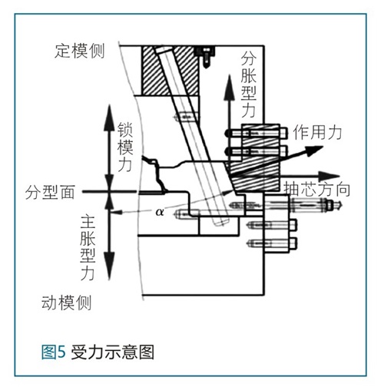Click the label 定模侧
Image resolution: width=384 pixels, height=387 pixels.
click(80, 51)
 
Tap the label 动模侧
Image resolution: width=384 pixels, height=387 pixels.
click(67, 303)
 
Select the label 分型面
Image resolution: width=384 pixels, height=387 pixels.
click(50, 192)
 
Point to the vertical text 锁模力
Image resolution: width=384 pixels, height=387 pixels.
click(125, 147)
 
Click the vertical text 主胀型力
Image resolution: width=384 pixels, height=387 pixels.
click(88, 248)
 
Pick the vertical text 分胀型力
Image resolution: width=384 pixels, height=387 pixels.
click(249, 84)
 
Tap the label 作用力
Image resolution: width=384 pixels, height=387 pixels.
click(318, 132)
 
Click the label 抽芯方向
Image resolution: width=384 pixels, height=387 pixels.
click(317, 190)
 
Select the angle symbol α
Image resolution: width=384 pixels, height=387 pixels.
click(160, 212)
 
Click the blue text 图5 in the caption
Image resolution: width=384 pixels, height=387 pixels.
click(54, 352)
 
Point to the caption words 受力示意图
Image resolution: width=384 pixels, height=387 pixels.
click(112, 352)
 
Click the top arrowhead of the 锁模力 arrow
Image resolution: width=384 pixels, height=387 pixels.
click(109, 117)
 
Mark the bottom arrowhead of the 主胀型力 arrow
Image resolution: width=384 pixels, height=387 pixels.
click(109, 266)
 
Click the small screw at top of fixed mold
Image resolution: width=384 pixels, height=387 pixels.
click(206, 57)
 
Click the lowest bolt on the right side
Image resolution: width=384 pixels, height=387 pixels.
click(272, 243)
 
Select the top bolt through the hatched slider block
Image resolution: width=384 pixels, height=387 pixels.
click(256, 133)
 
